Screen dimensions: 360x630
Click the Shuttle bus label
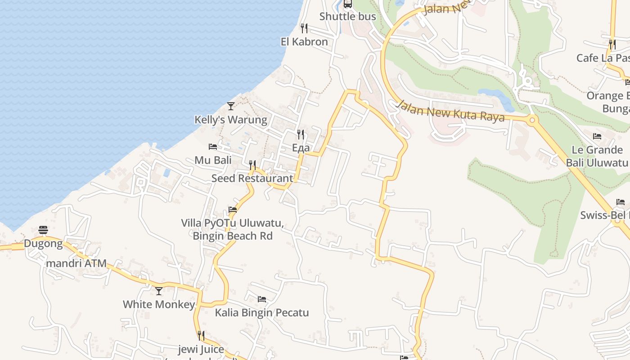point(347,17)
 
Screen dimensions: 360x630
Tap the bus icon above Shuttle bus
point(347,4)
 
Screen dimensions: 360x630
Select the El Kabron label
point(304,42)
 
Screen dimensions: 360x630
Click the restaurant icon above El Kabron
point(304,28)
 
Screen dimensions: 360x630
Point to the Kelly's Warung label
point(230,120)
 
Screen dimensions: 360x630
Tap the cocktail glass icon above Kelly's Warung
point(231,106)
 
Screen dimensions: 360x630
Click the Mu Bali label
point(213,160)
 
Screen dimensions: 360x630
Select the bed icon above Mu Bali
point(213,147)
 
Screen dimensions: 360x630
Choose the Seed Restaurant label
point(252,178)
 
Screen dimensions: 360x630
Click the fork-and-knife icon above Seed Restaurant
point(252,165)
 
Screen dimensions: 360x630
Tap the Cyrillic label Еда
point(301,148)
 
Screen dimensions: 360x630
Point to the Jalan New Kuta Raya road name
point(450,111)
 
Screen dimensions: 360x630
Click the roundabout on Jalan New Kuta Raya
point(532,120)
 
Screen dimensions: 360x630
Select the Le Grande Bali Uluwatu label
point(597,156)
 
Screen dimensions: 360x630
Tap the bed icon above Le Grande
point(597,136)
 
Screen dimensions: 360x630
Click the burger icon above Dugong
point(43,230)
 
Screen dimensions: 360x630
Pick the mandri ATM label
point(76,263)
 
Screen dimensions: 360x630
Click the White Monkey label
point(159,305)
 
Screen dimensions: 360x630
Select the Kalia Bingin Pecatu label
point(262,313)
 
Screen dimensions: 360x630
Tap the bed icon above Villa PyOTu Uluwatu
point(233,210)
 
